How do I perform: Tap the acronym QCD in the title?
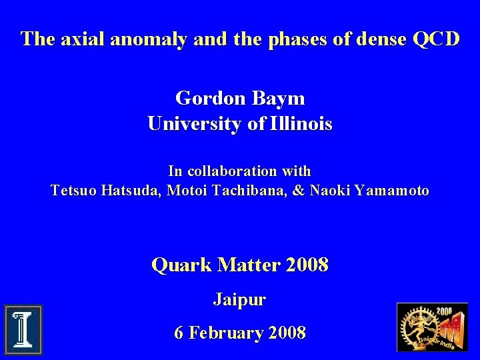click(436, 39)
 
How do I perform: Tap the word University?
click(188, 124)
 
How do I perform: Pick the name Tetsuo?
click(74, 191)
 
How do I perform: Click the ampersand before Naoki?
click(298, 191)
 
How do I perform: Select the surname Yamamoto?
click(392, 191)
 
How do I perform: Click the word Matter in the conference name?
click(249, 265)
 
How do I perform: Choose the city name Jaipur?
click(239, 300)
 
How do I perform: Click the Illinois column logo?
click(23, 329)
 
